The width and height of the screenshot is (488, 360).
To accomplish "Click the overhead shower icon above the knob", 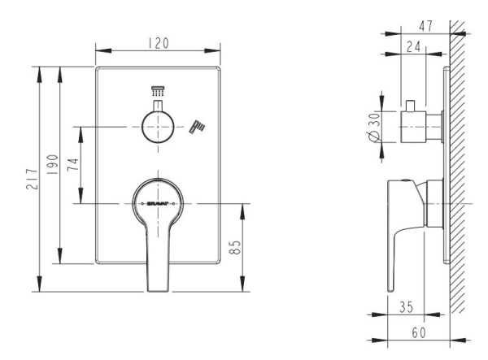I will [158, 93].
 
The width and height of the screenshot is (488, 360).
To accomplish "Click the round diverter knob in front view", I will [158, 127].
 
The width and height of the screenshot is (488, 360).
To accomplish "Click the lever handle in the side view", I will [405, 219].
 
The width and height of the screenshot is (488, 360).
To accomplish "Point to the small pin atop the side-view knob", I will [412, 105].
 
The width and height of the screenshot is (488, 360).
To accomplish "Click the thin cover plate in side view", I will [445, 163].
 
